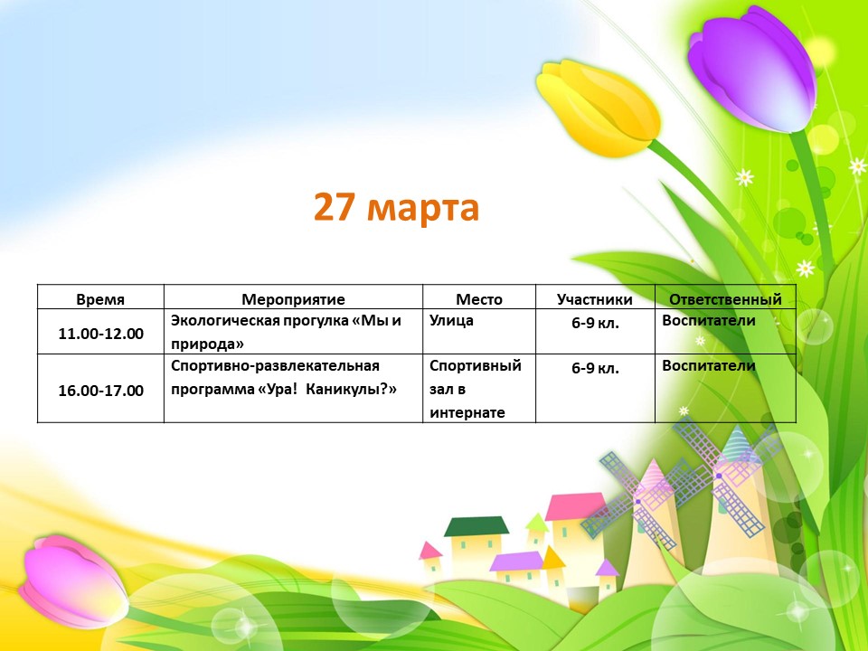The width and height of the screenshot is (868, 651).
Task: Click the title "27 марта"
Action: [396, 207]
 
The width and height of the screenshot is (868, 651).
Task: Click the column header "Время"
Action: [100, 299]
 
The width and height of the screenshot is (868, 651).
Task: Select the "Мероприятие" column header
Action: [293, 299]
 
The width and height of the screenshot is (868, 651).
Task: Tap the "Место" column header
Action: [479, 299]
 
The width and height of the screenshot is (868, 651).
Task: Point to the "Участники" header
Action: [595, 299]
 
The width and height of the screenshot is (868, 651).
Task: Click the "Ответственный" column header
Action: [725, 299]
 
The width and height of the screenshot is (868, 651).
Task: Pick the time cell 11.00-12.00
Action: [100, 334]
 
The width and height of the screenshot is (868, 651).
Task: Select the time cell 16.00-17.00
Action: [100, 391]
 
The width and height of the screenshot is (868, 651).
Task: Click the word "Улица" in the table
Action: [451, 320]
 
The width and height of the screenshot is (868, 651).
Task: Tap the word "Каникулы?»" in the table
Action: [351, 389]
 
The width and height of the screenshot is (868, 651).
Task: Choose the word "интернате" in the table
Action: [467, 413]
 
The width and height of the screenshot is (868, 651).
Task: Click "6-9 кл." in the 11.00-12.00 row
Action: [595, 323]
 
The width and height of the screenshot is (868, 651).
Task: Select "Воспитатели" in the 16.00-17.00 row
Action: [709, 366]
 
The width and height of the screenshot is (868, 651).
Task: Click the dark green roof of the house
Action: [476, 526]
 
